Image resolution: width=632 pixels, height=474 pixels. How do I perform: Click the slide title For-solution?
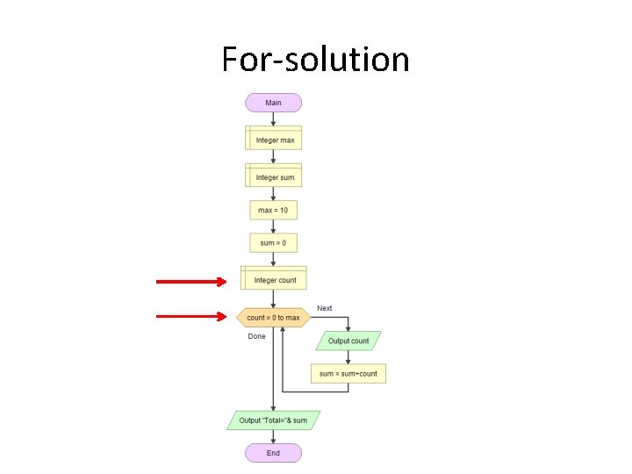[315, 60]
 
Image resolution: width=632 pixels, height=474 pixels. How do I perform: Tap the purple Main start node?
[273, 103]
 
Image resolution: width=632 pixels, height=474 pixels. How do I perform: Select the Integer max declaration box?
[273, 140]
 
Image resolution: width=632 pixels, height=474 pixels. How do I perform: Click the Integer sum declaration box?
[273, 176]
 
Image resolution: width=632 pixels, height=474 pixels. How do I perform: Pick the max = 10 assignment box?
[273, 211]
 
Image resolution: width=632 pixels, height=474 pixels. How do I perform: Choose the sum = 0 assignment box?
[273, 242]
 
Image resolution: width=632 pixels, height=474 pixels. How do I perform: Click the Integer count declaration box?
[274, 279]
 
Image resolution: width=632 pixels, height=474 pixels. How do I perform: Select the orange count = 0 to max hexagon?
[273, 317]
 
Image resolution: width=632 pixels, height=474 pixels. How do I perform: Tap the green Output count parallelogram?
[348, 341]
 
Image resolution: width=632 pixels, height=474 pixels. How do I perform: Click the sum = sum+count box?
[348, 373]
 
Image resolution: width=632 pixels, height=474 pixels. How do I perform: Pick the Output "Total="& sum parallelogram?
[273, 420]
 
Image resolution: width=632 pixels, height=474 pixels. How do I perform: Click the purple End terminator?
[273, 453]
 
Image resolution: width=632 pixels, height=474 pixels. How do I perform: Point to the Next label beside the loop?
[325, 308]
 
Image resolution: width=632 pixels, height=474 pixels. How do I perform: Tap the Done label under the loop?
[256, 336]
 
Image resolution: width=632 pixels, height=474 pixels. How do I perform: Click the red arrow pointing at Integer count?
[190, 281]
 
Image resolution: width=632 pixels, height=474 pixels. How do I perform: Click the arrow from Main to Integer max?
[273, 119]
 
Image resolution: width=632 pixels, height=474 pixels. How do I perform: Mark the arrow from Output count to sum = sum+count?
[348, 356]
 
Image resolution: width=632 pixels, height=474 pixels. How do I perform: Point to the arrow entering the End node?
[273, 437]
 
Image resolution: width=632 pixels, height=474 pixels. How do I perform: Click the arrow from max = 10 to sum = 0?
[273, 226]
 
